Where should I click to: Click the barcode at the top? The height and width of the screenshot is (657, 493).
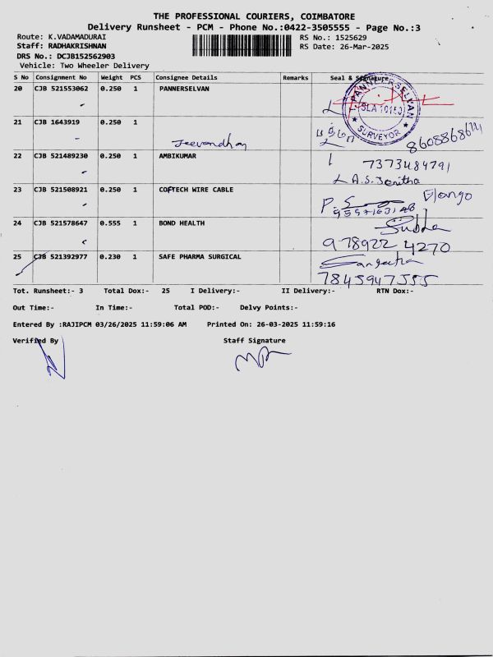243,45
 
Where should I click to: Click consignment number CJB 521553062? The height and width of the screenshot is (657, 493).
61,88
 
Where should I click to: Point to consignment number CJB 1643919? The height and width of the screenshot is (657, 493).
57,122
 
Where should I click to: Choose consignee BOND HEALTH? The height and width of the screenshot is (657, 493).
179,223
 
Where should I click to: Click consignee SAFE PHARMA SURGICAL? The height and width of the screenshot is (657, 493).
200,256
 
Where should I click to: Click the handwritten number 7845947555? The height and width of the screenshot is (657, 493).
377,280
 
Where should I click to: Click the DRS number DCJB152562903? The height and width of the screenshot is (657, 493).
85,56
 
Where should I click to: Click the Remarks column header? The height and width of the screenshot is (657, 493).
295,77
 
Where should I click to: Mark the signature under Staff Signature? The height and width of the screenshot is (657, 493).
261,360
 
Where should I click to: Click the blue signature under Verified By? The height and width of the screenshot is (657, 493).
52,361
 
